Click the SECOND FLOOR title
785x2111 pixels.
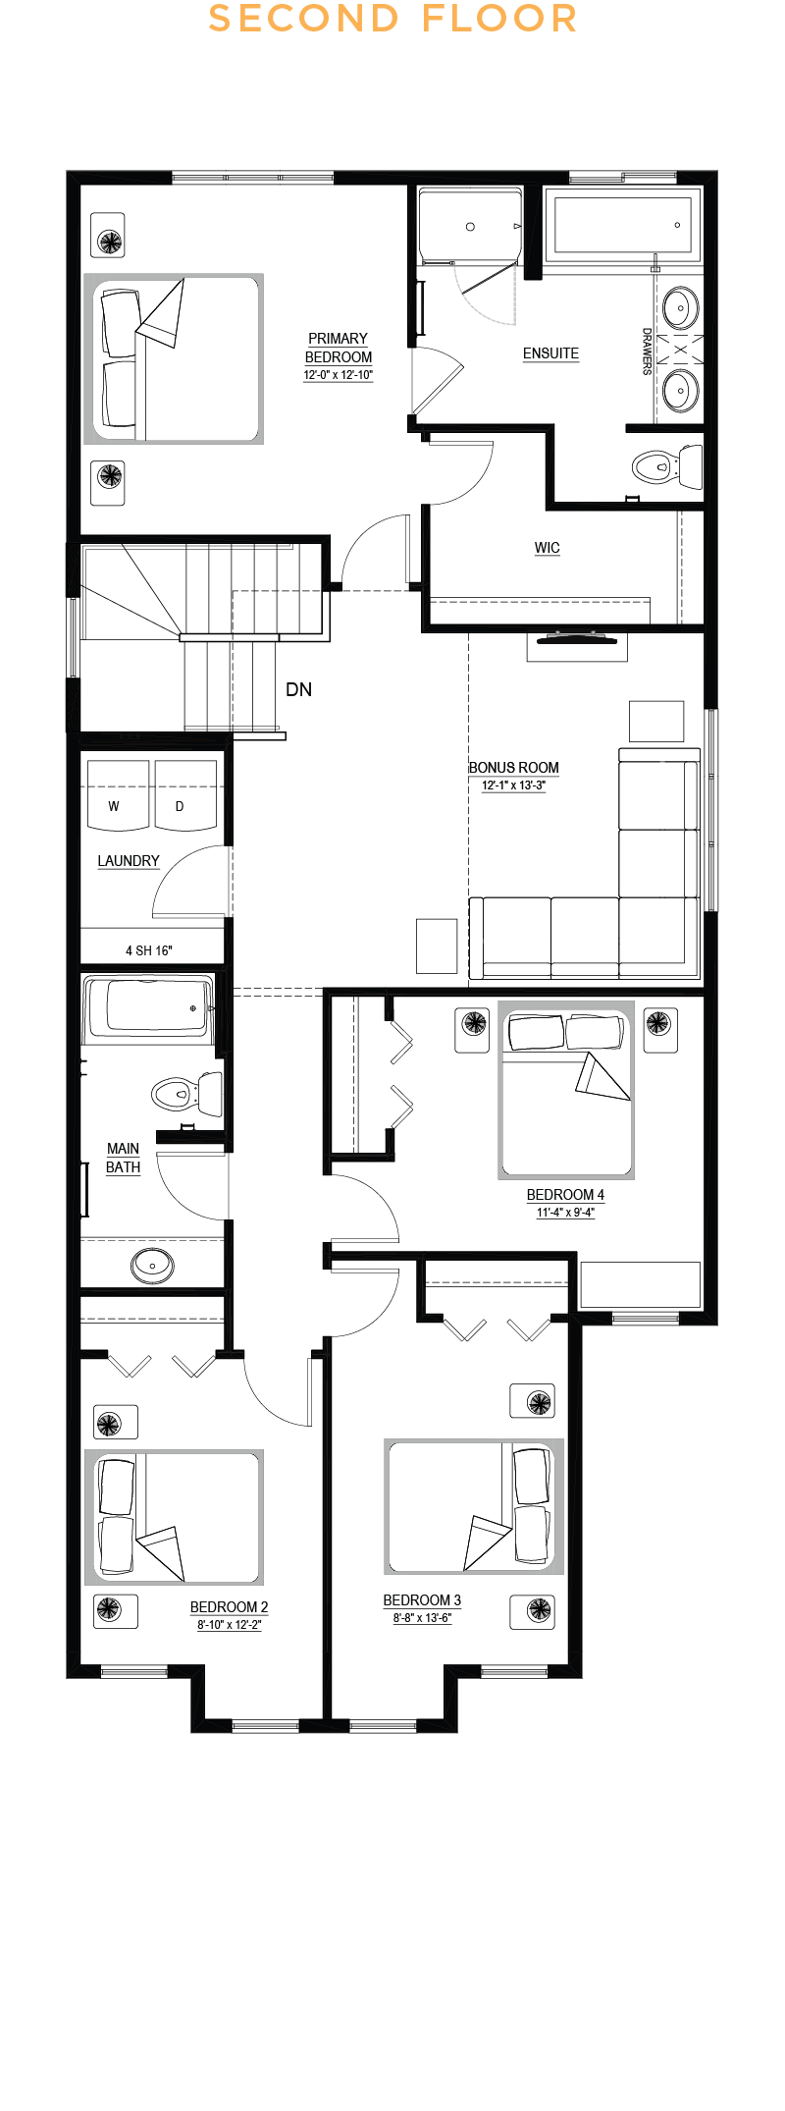[392, 19]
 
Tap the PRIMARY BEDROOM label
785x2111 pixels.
[339, 348]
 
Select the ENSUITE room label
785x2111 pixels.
[550, 353]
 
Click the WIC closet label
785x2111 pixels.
[548, 548]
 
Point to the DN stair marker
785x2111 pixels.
[299, 690]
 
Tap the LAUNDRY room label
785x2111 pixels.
[129, 861]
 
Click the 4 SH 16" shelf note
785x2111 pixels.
[149, 950]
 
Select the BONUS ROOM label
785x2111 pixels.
[514, 768]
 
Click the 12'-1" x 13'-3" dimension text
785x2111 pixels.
[513, 785]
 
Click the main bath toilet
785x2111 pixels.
[186, 1093]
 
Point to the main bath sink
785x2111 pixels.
[152, 1265]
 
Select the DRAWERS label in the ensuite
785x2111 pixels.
[647, 352]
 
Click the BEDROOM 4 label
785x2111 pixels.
[565, 1195]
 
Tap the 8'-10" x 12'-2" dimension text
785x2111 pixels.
[230, 1625]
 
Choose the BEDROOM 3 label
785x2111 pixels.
[422, 1600]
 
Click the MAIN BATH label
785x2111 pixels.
[123, 1158]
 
